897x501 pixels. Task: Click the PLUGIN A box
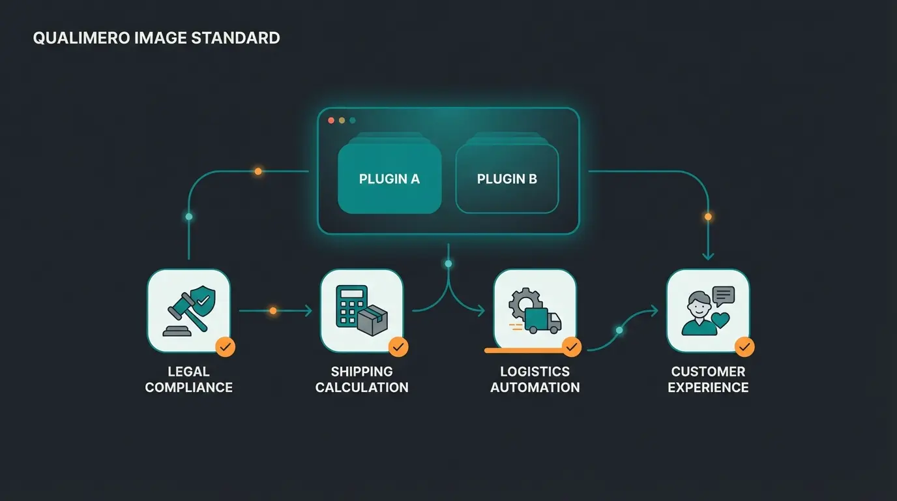pos(389,179)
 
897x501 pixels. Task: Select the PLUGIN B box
pos(507,179)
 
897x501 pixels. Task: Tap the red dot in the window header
pos(331,121)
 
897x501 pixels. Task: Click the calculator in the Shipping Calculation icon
pos(350,305)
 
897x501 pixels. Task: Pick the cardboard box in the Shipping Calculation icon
pos(372,320)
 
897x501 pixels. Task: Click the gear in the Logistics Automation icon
pos(523,301)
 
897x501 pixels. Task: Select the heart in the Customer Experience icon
pos(720,320)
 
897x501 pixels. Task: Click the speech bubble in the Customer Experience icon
pos(723,296)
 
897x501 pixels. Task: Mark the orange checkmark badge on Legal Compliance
pos(226,347)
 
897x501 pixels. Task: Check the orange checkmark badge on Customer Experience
pos(744,347)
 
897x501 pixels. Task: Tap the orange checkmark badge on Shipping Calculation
pos(398,347)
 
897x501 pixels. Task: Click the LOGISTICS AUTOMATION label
pos(535,379)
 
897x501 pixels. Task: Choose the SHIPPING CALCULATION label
pos(362,379)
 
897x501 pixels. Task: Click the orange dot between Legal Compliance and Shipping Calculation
pos(273,311)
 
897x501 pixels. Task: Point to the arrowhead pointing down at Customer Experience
pos(708,256)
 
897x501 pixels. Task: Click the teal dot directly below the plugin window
pos(448,264)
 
